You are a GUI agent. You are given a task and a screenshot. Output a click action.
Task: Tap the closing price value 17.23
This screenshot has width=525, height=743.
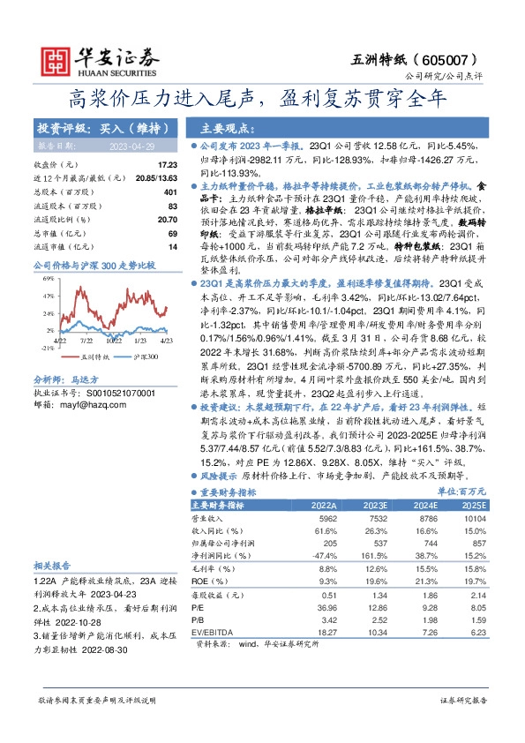point(167,165)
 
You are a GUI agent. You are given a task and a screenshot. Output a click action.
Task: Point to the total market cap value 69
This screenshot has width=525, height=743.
point(172,233)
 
